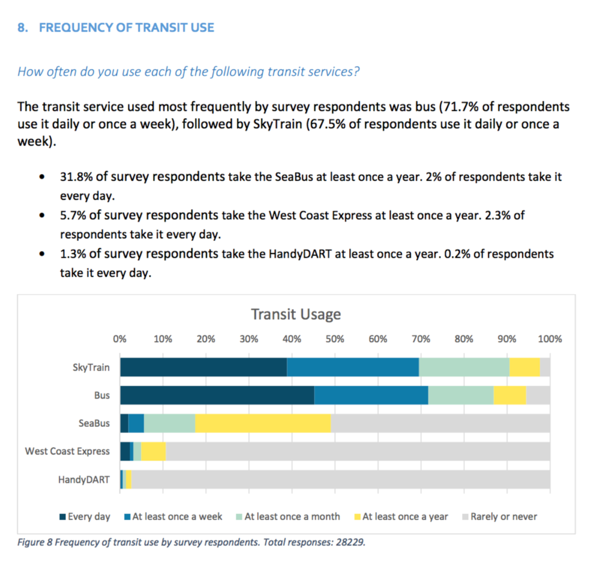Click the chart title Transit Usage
(296, 315)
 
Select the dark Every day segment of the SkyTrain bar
(203, 367)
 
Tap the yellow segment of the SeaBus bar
(263, 423)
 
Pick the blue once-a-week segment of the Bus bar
(371, 395)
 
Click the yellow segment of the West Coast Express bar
(154, 452)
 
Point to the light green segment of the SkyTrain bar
(464, 367)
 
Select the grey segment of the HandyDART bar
(341, 479)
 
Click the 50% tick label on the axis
(335, 339)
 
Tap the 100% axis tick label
(550, 339)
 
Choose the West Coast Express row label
(67, 451)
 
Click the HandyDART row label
(84, 480)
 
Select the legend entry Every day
(85, 517)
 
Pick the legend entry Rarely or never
(500, 517)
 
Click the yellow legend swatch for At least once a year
(357, 517)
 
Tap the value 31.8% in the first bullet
(76, 177)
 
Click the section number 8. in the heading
(23, 28)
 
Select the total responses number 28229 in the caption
(350, 542)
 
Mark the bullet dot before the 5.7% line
(42, 215)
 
